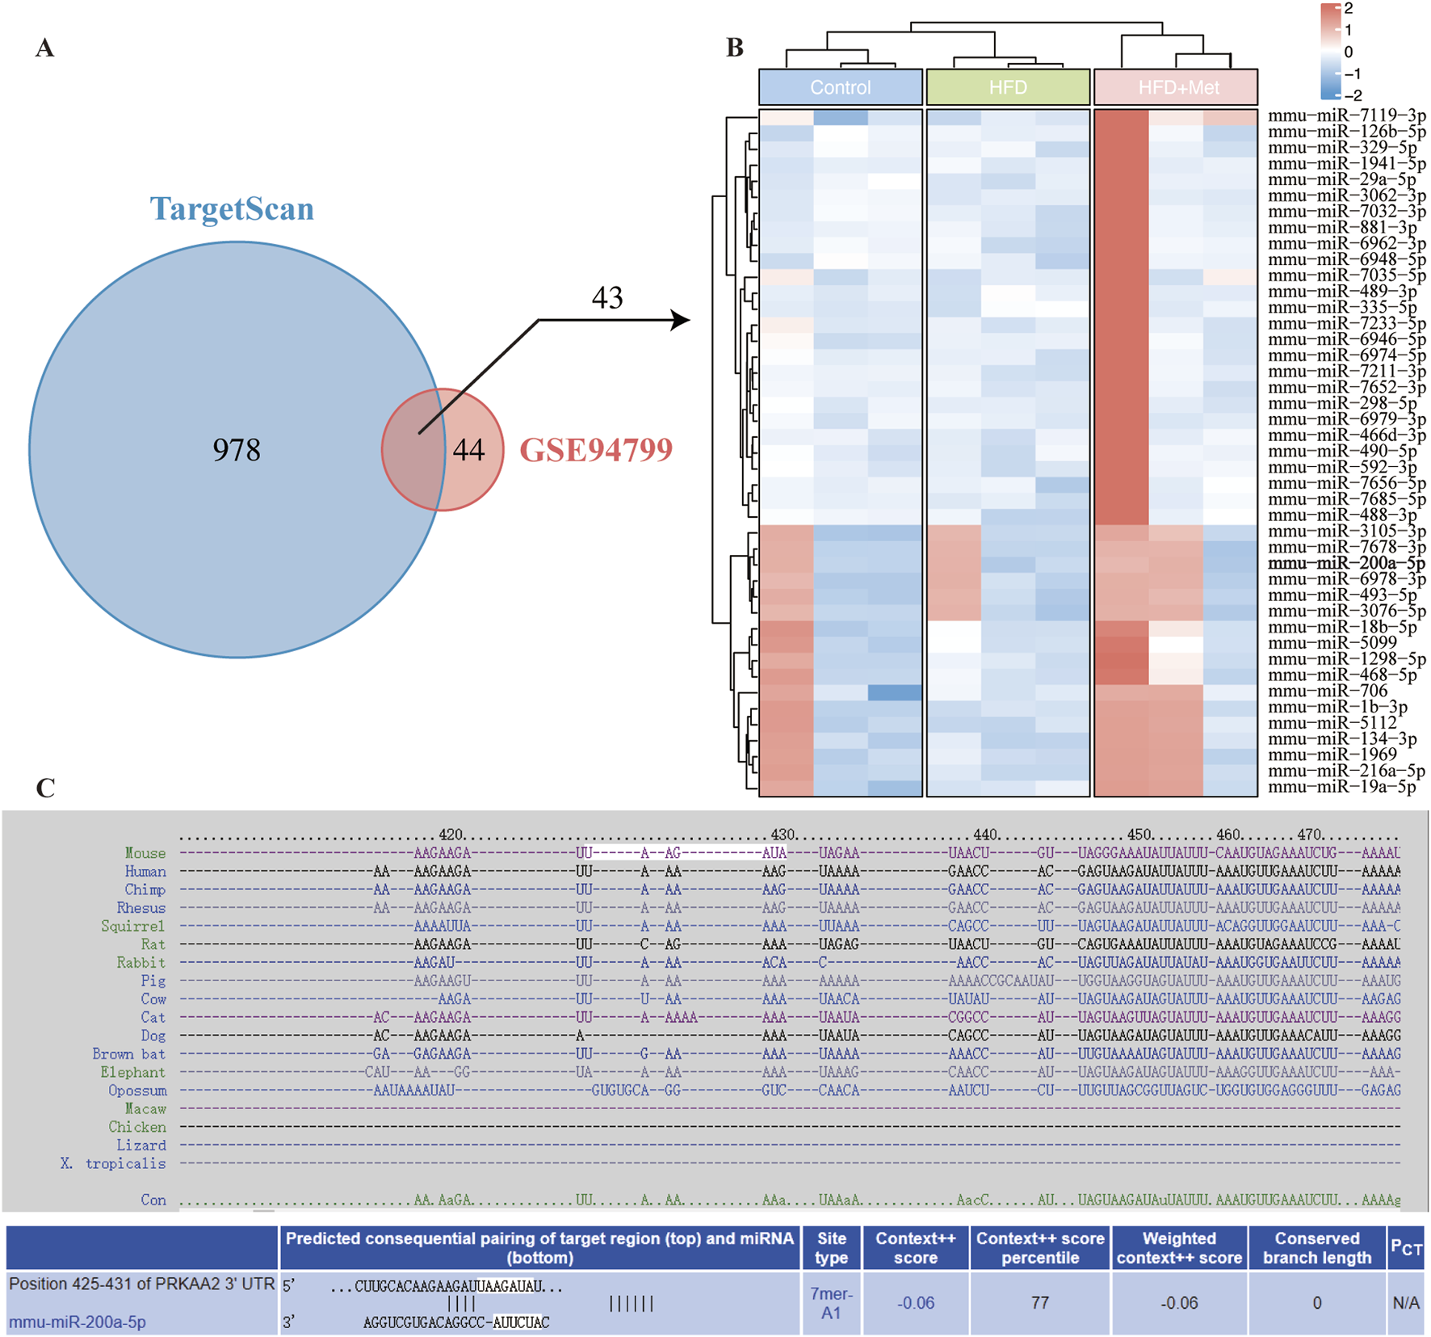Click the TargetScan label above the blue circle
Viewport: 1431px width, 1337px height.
(x=232, y=209)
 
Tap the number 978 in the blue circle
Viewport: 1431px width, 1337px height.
(x=237, y=450)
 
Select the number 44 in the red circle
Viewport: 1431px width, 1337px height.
(x=468, y=450)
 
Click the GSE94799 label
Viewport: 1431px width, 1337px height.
(x=596, y=450)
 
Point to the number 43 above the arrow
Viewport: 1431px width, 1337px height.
(x=607, y=298)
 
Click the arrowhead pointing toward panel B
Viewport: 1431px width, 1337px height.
(x=682, y=321)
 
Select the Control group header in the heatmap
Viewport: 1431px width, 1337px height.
(x=840, y=87)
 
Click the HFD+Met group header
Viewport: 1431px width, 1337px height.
(x=1178, y=87)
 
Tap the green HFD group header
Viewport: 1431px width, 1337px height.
(x=1008, y=87)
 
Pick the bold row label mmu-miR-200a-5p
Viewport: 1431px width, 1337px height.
(x=1346, y=563)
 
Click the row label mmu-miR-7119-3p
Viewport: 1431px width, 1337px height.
(x=1346, y=116)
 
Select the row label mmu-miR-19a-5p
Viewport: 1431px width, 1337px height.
(x=1341, y=787)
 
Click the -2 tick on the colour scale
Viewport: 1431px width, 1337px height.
(x=1353, y=95)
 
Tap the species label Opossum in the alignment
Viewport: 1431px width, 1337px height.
(x=137, y=1091)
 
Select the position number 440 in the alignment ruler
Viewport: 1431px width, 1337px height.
(x=986, y=835)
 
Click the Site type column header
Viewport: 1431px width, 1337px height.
(x=831, y=1248)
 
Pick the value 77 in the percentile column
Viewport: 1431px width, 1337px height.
(x=1039, y=1302)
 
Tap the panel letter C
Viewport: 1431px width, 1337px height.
(x=45, y=788)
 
